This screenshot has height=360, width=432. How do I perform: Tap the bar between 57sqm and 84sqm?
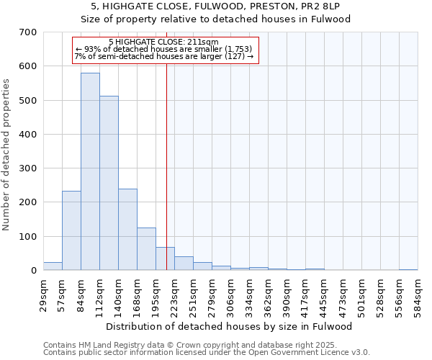click(x=71, y=230)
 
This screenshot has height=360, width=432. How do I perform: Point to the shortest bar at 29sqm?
click(x=53, y=266)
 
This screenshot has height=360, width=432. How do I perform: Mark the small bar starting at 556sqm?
click(x=408, y=269)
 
